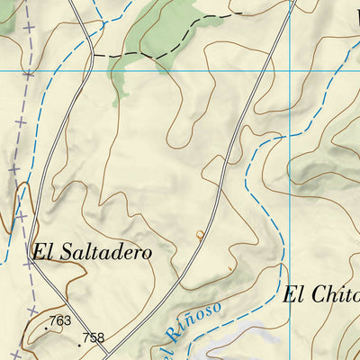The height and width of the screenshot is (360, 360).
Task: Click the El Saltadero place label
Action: (91, 252)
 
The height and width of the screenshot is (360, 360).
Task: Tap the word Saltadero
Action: (105, 252)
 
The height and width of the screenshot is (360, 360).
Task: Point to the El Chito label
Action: (322, 294)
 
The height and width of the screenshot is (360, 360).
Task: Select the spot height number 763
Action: (60, 320)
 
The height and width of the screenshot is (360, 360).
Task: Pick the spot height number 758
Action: (93, 338)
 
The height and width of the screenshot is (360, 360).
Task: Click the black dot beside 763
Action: (46, 328)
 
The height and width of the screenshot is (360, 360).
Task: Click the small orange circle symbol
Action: (200, 236)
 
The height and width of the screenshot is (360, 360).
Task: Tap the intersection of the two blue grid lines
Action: (290, 70)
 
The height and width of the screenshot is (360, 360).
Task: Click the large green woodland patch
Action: (162, 31)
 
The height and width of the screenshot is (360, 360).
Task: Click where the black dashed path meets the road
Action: (93, 55)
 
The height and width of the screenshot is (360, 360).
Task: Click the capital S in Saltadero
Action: (69, 252)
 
